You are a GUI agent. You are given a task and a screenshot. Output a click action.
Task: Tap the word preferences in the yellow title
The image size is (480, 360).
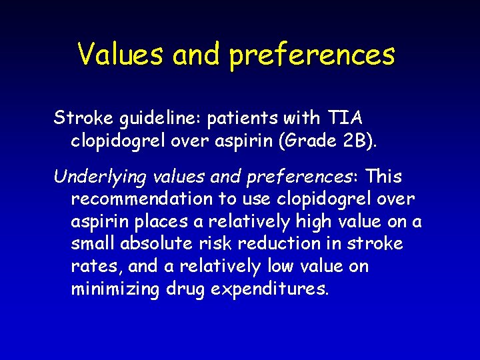coord(312,55)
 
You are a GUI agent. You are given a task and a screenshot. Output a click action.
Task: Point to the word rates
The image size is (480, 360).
coord(93,267)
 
